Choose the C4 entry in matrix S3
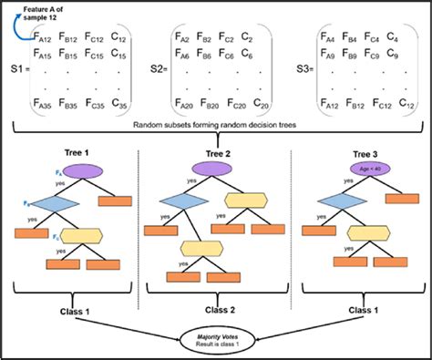[x=391, y=38]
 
